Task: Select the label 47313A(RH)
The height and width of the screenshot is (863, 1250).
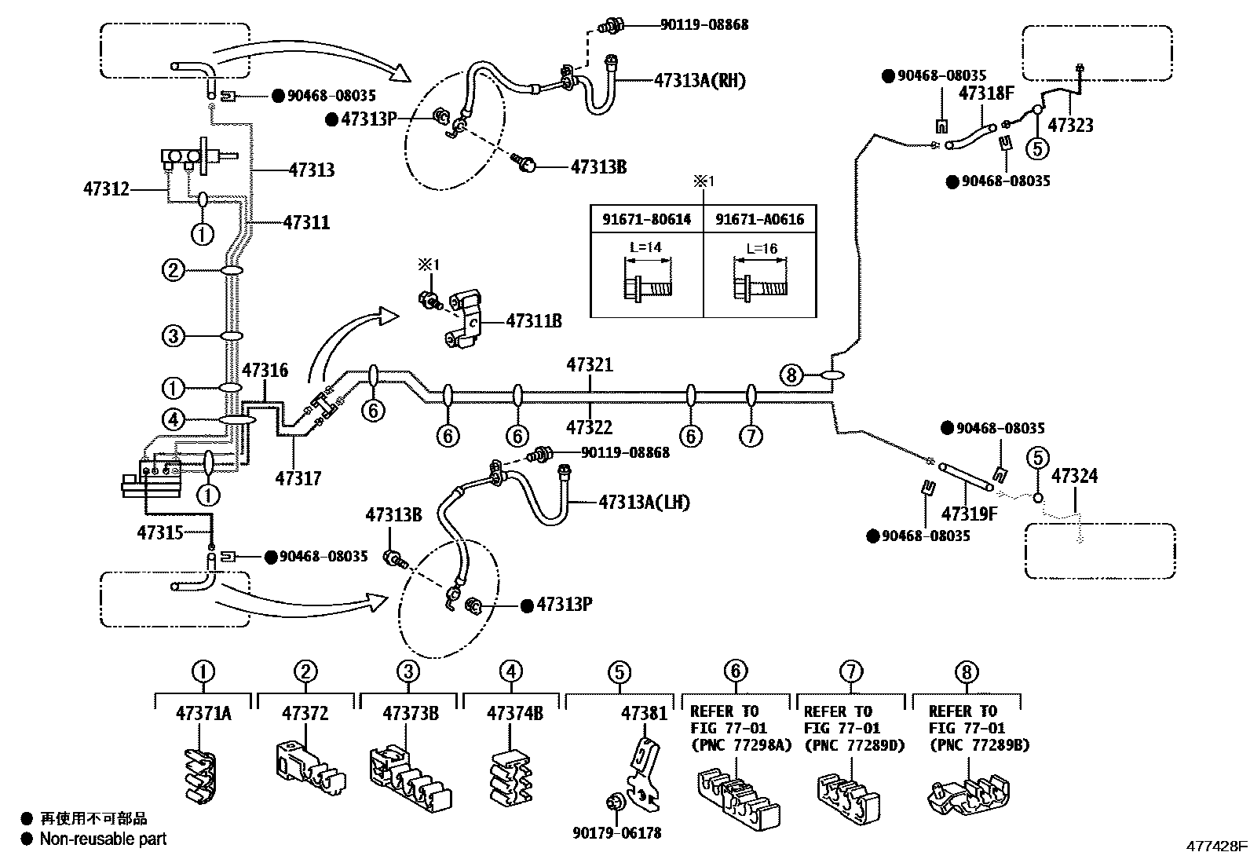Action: pyautogui.click(x=699, y=80)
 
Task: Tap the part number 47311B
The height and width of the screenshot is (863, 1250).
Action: pyautogui.click(x=534, y=321)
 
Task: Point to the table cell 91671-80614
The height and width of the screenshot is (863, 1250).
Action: pyautogui.click(x=646, y=219)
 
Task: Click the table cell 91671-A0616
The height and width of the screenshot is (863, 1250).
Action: pyautogui.click(x=759, y=219)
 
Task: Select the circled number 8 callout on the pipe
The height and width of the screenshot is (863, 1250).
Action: pyautogui.click(x=791, y=375)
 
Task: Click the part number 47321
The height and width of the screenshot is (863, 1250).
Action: pyautogui.click(x=590, y=365)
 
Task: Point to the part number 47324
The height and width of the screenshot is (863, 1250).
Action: pyautogui.click(x=1074, y=476)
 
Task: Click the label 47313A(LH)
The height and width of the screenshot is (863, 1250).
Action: pyautogui.click(x=644, y=502)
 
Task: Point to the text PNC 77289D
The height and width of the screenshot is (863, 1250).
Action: pyautogui.click(x=853, y=745)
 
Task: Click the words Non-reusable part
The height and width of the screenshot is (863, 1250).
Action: pyautogui.click(x=104, y=839)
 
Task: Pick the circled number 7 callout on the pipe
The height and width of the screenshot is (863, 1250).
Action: pyautogui.click(x=751, y=436)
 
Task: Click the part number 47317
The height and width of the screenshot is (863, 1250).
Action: pyautogui.click(x=298, y=477)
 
